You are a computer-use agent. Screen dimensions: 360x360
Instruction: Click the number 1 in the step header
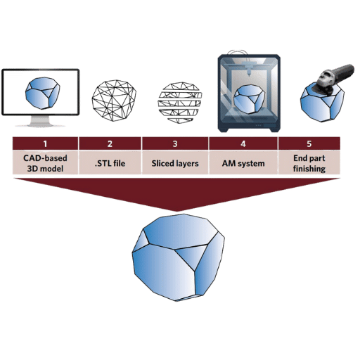[45, 143]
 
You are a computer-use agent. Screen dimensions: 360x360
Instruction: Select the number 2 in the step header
[110, 143]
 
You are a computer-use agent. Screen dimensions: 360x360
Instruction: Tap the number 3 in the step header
[175, 143]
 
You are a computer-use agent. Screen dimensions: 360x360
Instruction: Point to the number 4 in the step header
[243, 143]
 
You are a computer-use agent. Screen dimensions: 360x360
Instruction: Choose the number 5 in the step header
[309, 143]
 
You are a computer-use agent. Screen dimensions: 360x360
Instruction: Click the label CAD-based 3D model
[45, 163]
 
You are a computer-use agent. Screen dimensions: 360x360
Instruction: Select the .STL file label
[110, 163]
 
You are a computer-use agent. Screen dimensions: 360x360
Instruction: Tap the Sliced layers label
[175, 163]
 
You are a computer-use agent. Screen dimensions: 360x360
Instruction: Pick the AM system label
[243, 163]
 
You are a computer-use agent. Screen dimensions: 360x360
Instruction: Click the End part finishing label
[309, 163]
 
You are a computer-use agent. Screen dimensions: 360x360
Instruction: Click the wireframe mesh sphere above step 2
[114, 101]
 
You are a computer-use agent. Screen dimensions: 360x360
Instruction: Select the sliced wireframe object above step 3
[180, 103]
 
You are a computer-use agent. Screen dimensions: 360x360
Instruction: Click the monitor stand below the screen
[40, 121]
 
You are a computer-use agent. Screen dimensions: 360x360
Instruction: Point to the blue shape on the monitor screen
[42, 93]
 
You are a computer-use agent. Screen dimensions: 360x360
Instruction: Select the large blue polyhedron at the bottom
[178, 257]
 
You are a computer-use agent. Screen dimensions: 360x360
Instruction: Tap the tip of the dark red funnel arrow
[176, 211]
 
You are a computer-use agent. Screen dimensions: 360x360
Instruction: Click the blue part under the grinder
[322, 103]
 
